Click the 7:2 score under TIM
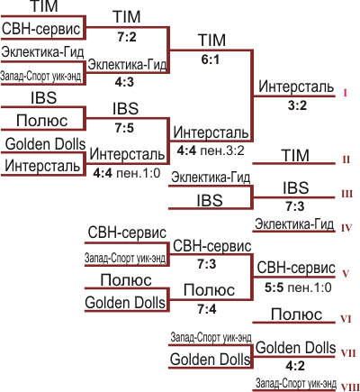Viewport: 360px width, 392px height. [127, 37]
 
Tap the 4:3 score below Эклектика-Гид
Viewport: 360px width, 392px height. [124, 82]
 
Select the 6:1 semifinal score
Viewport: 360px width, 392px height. [211, 59]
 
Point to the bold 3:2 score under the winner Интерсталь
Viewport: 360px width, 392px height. [297, 105]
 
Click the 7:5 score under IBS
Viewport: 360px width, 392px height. [124, 128]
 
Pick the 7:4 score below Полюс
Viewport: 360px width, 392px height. [207, 309]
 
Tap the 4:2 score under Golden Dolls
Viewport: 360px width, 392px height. [295, 366]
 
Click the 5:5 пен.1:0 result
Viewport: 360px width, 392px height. [298, 287]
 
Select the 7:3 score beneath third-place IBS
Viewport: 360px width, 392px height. [295, 206]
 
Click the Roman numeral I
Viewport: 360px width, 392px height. [346, 93]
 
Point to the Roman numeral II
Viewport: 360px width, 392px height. [346, 160]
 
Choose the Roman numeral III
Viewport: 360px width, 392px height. [346, 194]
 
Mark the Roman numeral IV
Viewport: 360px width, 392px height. [346, 228]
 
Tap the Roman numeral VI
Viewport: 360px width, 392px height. [346, 319]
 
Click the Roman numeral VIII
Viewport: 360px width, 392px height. [350, 387]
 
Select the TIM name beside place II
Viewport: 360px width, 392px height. [295, 155]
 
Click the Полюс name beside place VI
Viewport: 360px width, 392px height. [296, 315]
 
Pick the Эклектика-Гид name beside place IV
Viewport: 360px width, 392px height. [294, 224]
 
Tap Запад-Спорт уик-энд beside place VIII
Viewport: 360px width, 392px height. [296, 383]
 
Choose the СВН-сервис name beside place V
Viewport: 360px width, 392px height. [296, 268]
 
